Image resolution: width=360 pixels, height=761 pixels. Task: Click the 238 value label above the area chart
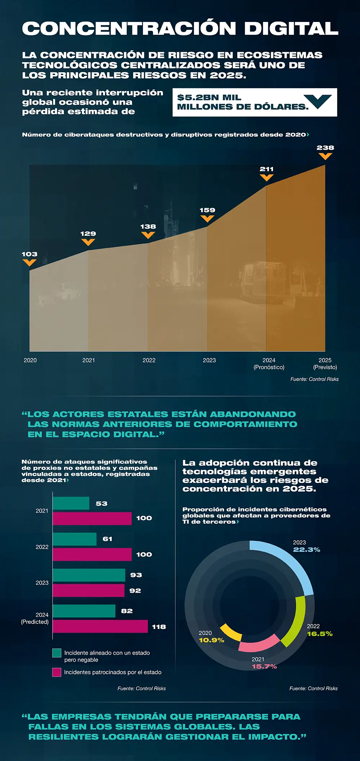[325, 148]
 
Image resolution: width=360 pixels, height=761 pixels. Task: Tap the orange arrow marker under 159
[207, 218]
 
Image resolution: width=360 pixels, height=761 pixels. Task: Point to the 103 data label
[30, 254]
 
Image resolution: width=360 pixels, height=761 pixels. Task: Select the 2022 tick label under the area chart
[149, 360]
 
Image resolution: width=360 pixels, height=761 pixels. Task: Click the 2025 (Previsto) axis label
[325, 363]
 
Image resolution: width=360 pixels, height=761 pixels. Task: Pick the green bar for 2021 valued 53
[71, 503]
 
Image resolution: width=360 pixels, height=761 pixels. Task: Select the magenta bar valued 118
[100, 626]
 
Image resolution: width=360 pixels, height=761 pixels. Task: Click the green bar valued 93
[89, 575]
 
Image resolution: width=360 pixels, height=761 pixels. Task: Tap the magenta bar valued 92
[89, 590]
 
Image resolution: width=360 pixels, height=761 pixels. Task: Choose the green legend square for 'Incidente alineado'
[57, 653]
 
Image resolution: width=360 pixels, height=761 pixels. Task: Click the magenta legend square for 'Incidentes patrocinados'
[57, 672]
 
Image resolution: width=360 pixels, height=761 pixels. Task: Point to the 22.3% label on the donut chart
[306, 550]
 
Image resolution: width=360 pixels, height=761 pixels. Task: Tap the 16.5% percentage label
[320, 634]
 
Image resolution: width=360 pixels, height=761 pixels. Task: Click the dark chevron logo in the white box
[318, 101]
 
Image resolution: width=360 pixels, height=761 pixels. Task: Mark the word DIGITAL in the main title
[291, 29]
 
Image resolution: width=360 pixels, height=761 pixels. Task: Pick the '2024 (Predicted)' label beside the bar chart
[35, 618]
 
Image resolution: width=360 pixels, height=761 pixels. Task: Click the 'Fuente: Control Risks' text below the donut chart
[313, 688]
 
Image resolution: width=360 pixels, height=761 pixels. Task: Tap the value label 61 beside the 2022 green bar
[107, 539]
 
